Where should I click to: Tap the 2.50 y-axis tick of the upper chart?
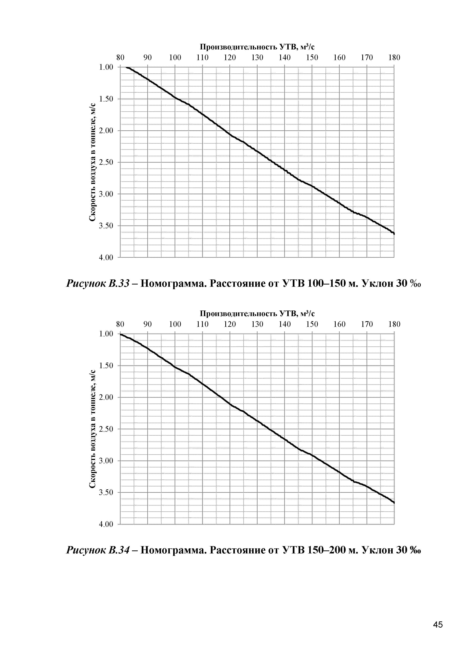coord(106,162)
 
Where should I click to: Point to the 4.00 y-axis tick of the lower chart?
coord(106,524)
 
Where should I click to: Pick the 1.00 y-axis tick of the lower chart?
coord(106,334)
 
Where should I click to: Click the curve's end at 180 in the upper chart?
coord(394,234)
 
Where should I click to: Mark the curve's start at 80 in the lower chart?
coord(121,334)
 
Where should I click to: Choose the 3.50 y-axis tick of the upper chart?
coord(106,226)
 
